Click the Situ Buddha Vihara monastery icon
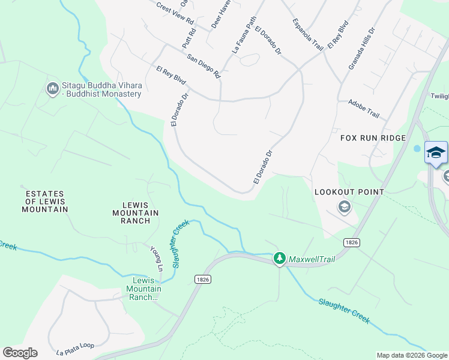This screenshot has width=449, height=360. pyautogui.click(x=52, y=89)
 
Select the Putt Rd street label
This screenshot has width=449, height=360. pyautogui.click(x=189, y=38)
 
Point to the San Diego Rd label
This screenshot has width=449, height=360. pyautogui.click(x=204, y=66)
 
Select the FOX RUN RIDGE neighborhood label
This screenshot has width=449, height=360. pyautogui.click(x=373, y=138)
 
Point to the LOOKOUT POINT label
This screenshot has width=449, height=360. pyautogui.click(x=349, y=192)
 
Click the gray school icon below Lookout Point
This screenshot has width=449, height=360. pyautogui.click(x=345, y=208)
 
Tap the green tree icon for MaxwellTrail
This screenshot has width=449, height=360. pyautogui.click(x=279, y=259)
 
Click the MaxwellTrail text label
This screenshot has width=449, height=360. pyautogui.click(x=311, y=259)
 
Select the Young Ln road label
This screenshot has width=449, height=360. pyautogui.click(x=157, y=259)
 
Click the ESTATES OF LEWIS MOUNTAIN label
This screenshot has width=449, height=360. pyautogui.click(x=45, y=202)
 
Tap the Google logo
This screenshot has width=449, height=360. pyautogui.click(x=20, y=353)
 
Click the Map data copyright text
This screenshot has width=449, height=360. pyautogui.click(x=411, y=355)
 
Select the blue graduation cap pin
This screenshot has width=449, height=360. pyautogui.click(x=436, y=152)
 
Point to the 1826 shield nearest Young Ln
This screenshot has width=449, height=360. pyautogui.click(x=203, y=279)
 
